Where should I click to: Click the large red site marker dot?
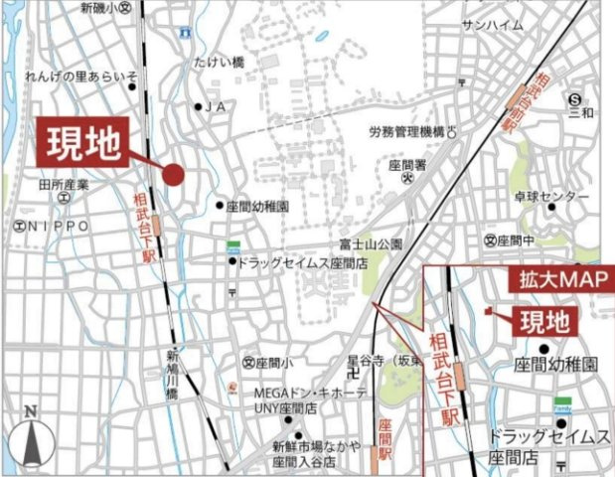point(173,175)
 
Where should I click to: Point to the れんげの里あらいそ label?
point(81,77)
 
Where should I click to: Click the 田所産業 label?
point(64,184)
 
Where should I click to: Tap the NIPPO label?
point(58,228)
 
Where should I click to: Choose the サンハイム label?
point(492,26)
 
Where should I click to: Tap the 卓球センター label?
point(552,197)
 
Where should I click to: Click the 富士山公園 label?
point(370,243)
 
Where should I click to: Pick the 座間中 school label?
point(516,240)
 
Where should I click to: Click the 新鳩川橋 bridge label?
point(172,373)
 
